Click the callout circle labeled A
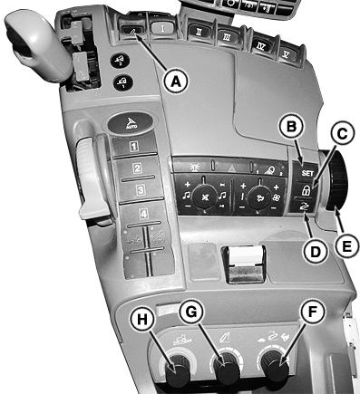176,81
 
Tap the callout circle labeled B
291,127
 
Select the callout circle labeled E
346,245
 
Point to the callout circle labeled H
142,320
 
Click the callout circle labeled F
311,312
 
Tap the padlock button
306,190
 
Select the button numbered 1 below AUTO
134,146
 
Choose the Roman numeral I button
163,28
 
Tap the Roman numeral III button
227,37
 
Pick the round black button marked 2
120,60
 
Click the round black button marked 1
123,82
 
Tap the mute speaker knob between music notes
205,197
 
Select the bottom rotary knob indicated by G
227,369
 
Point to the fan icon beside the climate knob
277,197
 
